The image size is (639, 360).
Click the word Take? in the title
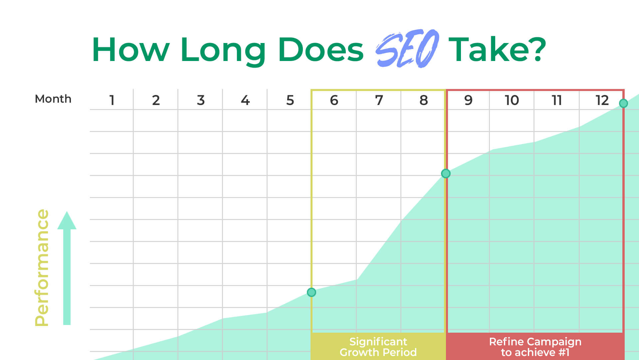point(497,50)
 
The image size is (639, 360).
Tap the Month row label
point(53,99)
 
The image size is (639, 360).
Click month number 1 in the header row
point(112,100)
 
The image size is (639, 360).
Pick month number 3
point(201,100)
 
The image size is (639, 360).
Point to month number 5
point(290,100)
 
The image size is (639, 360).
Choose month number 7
point(379,100)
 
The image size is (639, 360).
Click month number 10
point(512,100)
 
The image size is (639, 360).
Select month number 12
point(602,100)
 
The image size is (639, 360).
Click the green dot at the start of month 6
point(312,292)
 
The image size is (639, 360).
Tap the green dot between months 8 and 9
point(446,174)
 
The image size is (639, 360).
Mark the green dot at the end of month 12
point(623,103)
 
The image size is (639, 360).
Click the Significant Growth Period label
point(378,347)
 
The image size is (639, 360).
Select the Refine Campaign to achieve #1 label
point(535,347)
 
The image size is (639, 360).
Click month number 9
point(468,100)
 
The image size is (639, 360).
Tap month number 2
point(156,100)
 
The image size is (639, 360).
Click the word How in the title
point(130,50)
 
